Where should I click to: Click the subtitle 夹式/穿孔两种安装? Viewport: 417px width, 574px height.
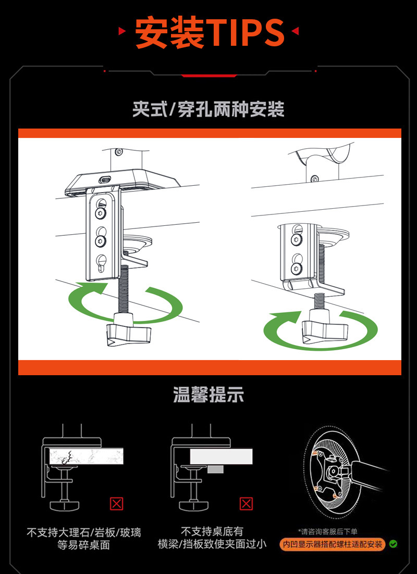208,109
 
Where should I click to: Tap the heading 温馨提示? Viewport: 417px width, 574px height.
208,394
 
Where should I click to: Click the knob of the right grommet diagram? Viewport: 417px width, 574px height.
325,330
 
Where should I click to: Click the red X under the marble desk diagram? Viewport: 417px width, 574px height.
117,503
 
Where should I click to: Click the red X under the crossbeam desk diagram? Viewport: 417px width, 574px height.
246,503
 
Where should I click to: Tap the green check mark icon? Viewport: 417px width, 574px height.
394,544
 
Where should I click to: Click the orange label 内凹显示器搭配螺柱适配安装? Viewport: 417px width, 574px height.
333,544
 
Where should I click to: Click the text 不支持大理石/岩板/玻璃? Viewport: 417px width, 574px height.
84,532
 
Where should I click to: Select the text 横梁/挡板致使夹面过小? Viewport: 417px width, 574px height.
212,544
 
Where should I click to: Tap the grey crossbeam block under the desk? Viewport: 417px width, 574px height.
215,469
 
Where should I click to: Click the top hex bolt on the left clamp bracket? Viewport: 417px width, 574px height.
100,213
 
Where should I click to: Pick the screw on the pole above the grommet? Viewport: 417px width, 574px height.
314,179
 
